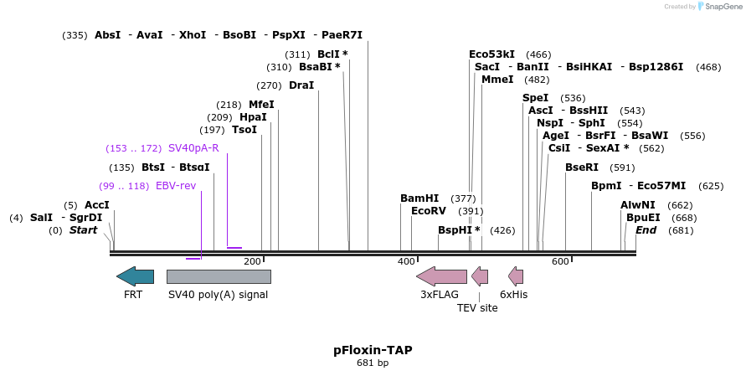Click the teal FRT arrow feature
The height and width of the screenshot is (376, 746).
coord(136,276)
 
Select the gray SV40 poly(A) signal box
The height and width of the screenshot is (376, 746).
coord(219,276)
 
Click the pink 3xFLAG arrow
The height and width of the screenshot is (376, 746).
coord(441,276)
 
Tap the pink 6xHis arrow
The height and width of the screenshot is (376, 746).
coord(516,276)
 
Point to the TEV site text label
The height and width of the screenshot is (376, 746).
coord(477,308)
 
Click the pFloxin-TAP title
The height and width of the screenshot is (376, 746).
coord(373,350)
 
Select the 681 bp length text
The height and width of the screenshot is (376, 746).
coord(373,363)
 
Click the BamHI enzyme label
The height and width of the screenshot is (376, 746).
coord(419,198)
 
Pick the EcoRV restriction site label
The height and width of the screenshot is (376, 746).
coord(429,211)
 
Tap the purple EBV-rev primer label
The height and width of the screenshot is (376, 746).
coord(176,186)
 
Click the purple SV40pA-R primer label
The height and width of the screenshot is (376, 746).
coord(193,148)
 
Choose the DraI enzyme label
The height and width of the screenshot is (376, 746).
coord(301,85)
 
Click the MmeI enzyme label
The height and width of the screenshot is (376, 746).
coord(497,80)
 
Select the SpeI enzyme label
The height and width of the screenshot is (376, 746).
coord(536,98)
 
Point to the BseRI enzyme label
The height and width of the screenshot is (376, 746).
coord(582,167)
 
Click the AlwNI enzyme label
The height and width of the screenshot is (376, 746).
coord(638,205)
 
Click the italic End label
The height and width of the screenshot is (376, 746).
coord(646,230)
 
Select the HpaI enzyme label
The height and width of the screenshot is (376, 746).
coord(253,117)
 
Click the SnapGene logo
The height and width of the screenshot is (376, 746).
coord(719,7)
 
